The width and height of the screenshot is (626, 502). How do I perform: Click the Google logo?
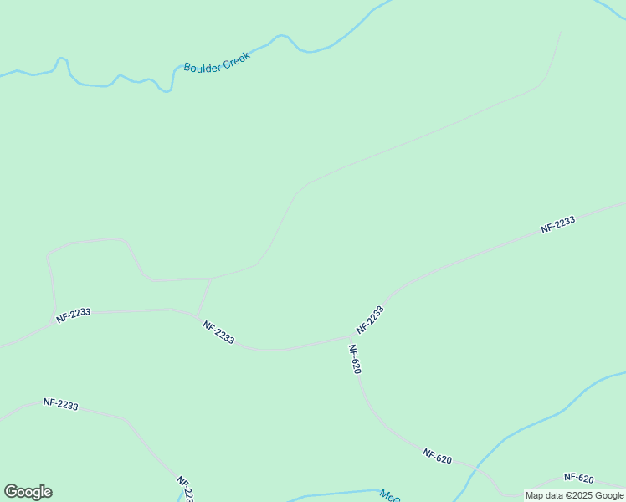28,492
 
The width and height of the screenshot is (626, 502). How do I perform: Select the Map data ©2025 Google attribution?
574,495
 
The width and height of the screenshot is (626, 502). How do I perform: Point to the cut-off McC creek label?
389,495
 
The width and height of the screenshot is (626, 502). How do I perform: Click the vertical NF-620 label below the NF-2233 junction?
354,359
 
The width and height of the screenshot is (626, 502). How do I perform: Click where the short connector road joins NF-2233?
198,316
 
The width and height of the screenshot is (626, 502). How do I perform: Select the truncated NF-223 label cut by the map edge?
185,489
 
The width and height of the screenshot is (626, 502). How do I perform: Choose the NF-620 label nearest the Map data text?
578,479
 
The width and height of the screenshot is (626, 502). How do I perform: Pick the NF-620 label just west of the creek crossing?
438,456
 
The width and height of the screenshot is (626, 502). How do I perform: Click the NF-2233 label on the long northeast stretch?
557,224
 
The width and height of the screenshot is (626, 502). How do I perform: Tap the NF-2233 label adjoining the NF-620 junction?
370,320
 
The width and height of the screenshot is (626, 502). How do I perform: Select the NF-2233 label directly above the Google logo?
61,404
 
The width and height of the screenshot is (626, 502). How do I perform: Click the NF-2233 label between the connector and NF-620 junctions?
218,332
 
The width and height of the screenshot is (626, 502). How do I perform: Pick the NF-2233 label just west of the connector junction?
74,315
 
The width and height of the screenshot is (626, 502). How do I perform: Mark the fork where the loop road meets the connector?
211,279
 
